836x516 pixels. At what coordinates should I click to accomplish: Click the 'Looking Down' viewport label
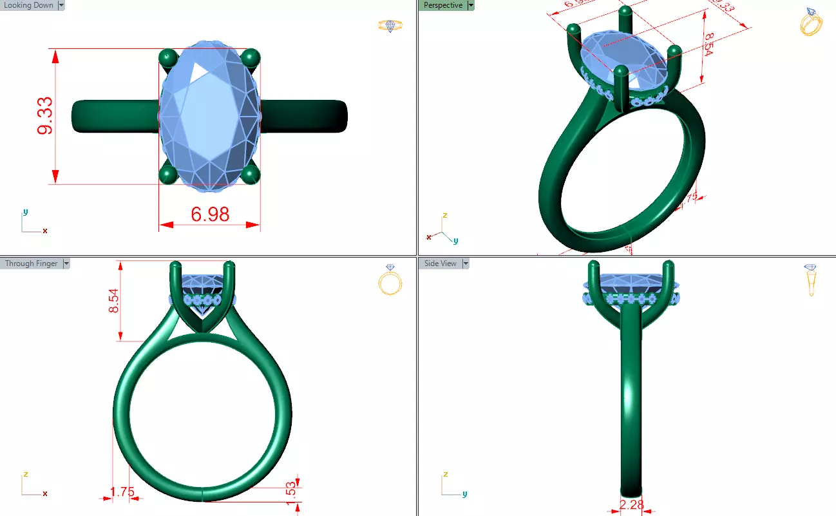(x=29, y=5)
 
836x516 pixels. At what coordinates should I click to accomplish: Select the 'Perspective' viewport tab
(x=442, y=5)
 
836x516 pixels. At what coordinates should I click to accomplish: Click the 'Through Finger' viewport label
(x=31, y=263)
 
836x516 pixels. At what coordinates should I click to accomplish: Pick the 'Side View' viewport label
(x=440, y=263)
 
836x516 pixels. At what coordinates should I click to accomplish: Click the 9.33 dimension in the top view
(x=45, y=117)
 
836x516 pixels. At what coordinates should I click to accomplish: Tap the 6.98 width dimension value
(x=210, y=214)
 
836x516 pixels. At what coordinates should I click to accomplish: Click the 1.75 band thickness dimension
(x=122, y=492)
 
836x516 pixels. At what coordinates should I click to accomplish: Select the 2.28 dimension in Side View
(x=631, y=505)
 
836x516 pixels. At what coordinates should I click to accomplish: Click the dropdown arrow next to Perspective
(x=471, y=5)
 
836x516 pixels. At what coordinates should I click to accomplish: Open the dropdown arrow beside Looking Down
(x=61, y=5)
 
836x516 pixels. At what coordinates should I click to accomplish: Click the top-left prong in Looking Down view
(x=169, y=58)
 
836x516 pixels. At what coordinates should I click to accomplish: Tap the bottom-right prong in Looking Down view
(x=250, y=174)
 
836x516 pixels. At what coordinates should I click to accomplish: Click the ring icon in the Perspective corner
(x=811, y=22)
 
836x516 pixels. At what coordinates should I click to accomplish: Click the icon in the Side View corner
(x=811, y=280)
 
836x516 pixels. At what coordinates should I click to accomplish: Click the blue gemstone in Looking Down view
(x=209, y=116)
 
